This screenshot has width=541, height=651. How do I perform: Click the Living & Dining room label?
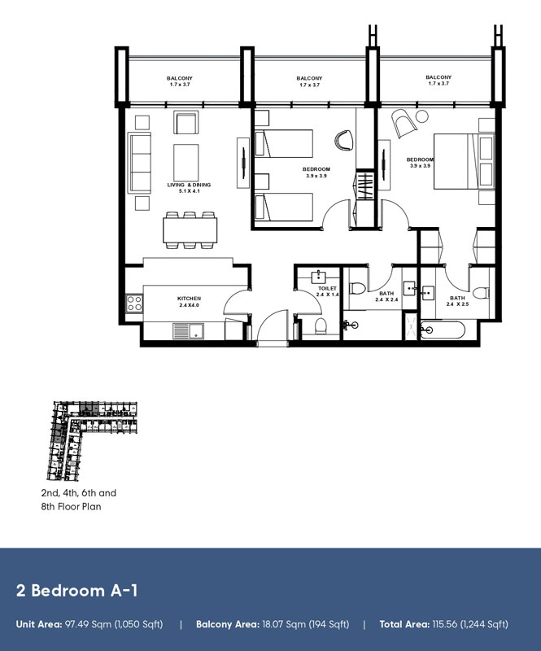(189, 185)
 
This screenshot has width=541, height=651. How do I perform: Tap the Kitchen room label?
(189, 299)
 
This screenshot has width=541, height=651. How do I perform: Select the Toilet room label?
(327, 288)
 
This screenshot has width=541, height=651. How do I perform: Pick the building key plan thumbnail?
(90, 440)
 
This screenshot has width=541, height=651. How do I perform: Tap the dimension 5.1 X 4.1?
(189, 191)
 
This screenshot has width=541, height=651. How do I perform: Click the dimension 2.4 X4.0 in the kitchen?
(189, 305)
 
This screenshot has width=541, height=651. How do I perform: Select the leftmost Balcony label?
(181, 79)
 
